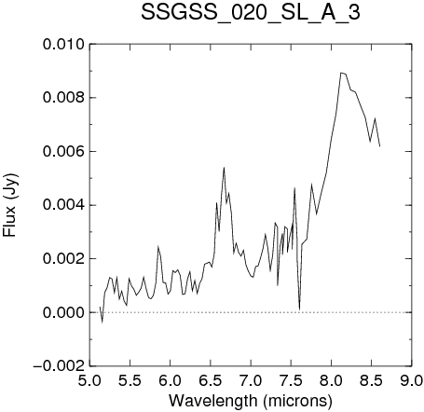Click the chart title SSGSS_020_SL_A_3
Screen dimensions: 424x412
(x=251, y=13)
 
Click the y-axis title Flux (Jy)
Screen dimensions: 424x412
(x=10, y=205)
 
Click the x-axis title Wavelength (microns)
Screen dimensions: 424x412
(x=251, y=400)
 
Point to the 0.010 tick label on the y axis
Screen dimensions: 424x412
(x=63, y=45)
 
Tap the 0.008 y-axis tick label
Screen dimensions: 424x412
(x=63, y=98)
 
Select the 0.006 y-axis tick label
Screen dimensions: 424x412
(x=63, y=152)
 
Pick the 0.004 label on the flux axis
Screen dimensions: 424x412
(x=63, y=205)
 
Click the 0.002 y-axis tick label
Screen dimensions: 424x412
(x=63, y=258)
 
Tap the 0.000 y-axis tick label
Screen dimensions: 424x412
(x=63, y=312)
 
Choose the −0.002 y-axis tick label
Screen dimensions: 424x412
(x=59, y=366)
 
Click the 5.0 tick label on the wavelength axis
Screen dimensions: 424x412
(x=89, y=380)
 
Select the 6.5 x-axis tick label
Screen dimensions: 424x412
(x=211, y=380)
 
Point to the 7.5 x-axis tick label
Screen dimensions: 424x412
(x=291, y=380)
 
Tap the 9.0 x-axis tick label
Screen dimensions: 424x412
(x=412, y=380)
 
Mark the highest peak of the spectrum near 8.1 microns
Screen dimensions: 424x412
(x=341, y=73)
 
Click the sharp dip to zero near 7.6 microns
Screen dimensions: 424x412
(x=299, y=309)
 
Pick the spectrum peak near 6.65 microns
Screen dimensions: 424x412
(x=224, y=168)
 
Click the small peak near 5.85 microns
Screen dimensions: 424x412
(x=158, y=246)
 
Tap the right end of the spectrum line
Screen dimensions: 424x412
(x=379, y=146)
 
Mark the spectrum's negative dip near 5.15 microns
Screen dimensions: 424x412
(x=103, y=323)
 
